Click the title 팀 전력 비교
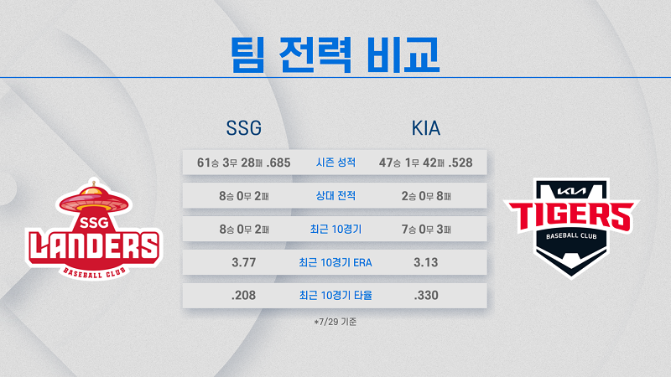click(335, 54)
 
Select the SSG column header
click(243, 128)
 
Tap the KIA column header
click(426, 128)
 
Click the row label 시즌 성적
click(335, 163)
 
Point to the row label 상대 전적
click(335, 196)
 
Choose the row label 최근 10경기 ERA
click(335, 262)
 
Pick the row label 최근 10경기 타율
click(335, 296)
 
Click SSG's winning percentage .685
click(278, 163)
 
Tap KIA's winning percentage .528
click(460, 163)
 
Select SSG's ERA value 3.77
click(243, 262)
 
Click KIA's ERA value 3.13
click(426, 262)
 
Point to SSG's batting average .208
click(243, 296)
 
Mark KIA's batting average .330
click(426, 296)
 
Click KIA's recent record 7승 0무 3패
click(426, 230)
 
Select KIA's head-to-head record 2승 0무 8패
click(426, 196)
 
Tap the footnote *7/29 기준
click(335, 322)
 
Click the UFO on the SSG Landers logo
click(94, 200)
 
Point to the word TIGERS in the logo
click(571, 216)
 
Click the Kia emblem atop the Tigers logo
click(571, 191)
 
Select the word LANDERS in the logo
click(94, 246)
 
